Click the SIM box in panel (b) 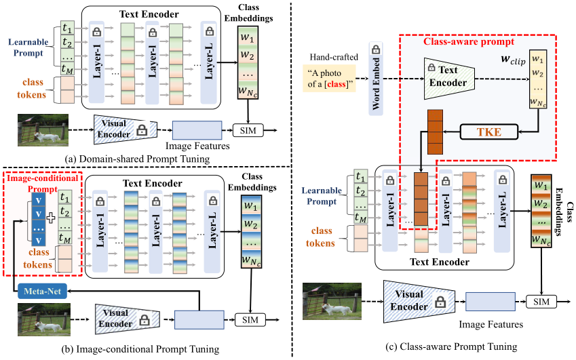pos(248,317)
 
